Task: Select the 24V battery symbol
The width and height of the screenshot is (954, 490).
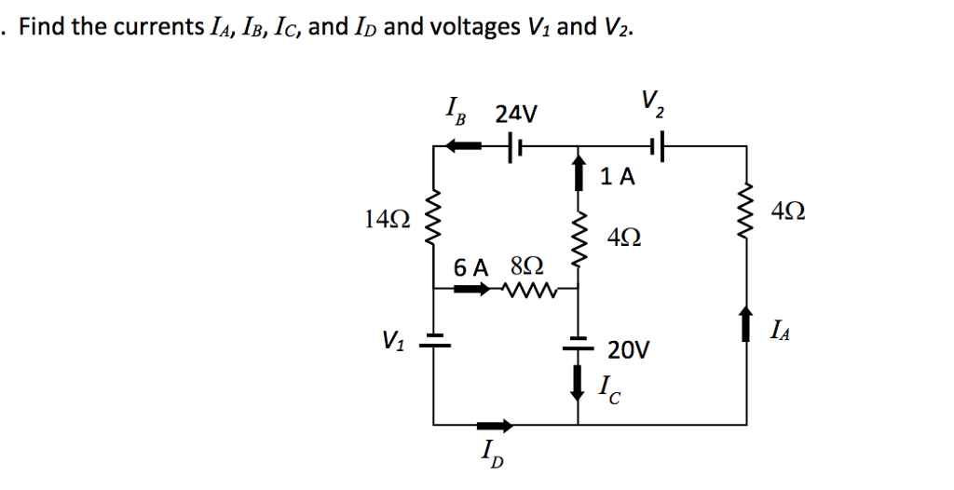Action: click(x=513, y=146)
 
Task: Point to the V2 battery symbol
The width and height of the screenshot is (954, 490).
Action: click(x=658, y=146)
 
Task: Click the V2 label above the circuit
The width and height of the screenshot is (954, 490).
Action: click(x=651, y=103)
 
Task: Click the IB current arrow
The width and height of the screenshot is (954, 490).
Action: click(x=463, y=146)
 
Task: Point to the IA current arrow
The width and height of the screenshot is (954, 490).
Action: click(x=747, y=326)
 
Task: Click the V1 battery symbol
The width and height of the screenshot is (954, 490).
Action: click(x=435, y=342)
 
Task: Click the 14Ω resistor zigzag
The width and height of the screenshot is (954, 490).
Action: click(x=435, y=222)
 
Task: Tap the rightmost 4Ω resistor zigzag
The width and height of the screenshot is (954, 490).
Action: click(x=747, y=211)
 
